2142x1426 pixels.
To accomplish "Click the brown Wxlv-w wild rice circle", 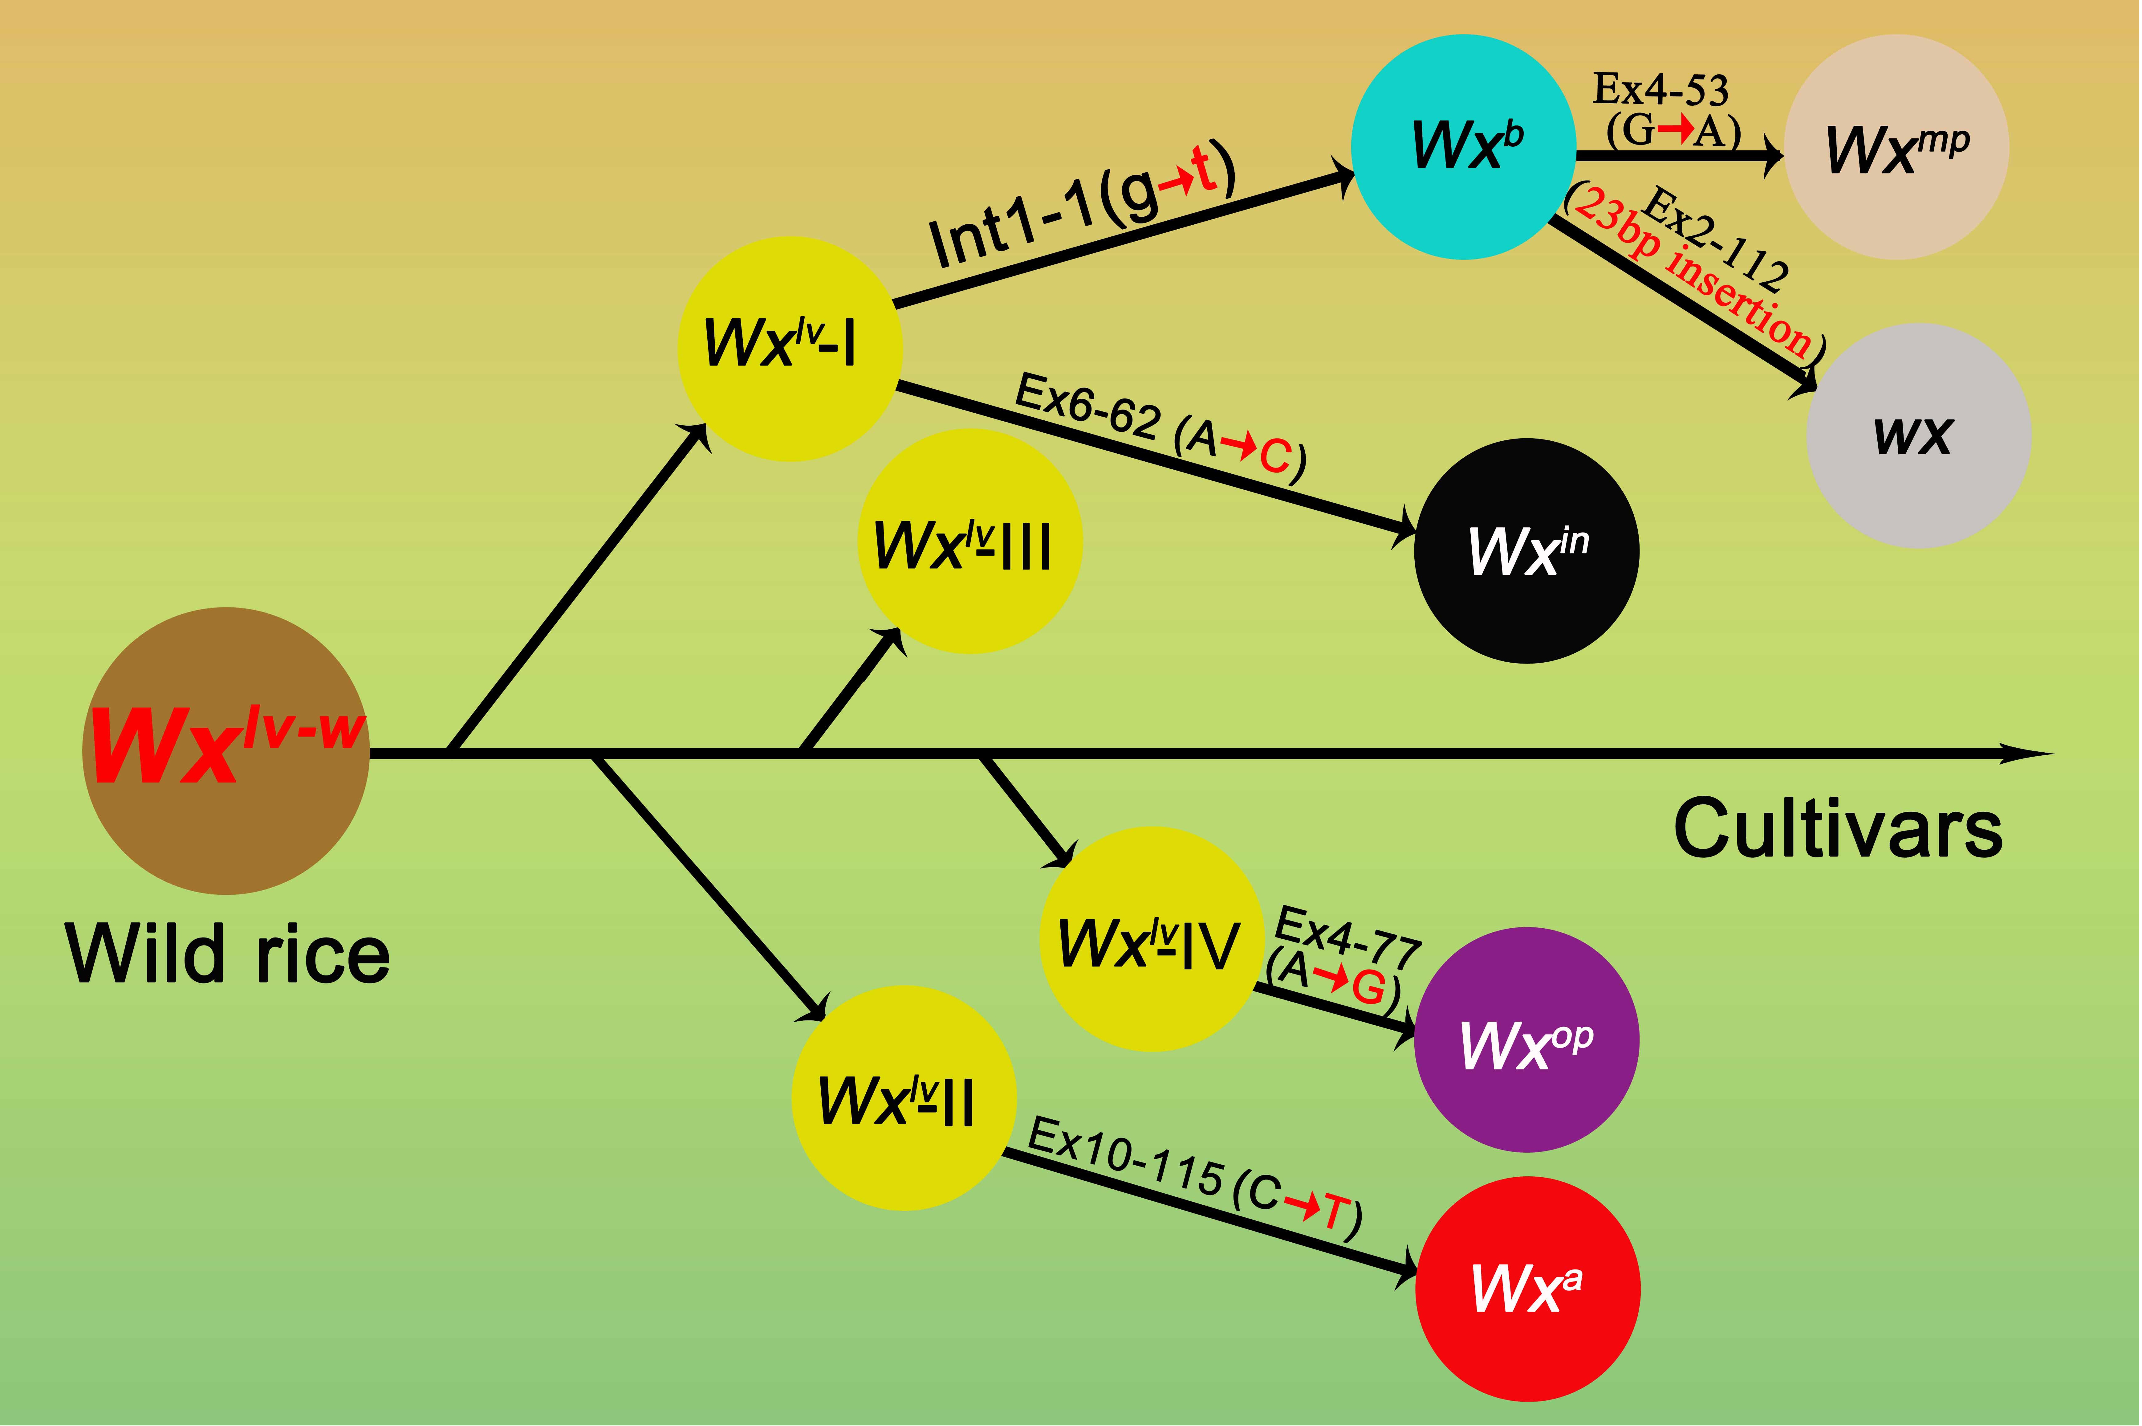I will point(226,751).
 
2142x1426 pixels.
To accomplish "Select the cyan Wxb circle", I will point(1464,147).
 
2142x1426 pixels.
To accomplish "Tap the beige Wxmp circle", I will point(1897,147).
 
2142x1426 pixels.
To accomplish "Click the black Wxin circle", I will point(1527,551).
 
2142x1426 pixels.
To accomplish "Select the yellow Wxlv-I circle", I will point(789,349).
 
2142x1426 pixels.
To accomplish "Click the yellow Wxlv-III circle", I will point(970,542).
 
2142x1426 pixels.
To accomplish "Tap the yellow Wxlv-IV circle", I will point(1152,939).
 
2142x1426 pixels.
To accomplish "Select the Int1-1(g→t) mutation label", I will point(1082,206).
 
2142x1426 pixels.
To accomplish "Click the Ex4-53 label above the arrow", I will point(1660,89).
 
